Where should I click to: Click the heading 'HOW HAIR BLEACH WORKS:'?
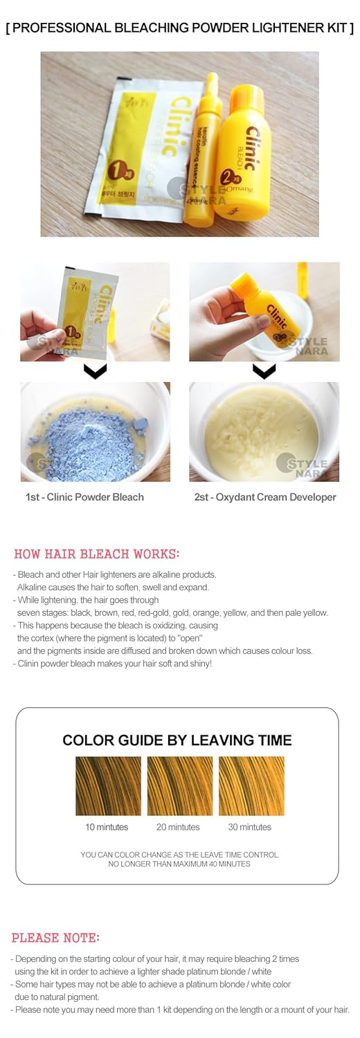coord(96,554)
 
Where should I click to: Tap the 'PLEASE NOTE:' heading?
coord(55,938)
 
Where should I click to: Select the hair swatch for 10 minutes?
coord(108,785)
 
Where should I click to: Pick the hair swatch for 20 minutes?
coord(180,785)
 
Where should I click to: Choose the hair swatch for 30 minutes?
coord(251,785)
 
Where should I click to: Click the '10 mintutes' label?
coord(106,827)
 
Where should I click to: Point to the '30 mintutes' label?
coord(249,827)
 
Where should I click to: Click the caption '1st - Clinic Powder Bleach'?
coord(84,497)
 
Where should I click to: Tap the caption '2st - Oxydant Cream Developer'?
coord(265,497)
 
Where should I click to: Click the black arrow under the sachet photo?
coord(95,372)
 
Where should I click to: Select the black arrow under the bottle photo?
coord(264,372)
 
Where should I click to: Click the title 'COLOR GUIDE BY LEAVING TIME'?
coord(177,740)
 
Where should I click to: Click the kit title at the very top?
coord(179,28)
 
